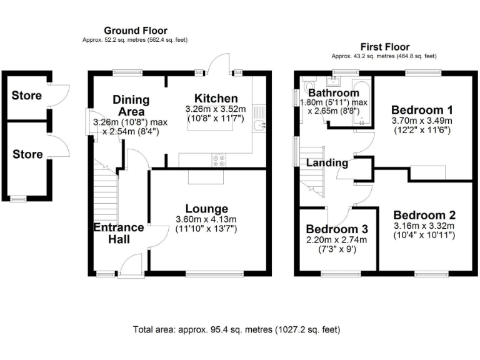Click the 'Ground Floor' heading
(x=135, y=31)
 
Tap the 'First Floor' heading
(x=384, y=47)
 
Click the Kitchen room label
(x=216, y=98)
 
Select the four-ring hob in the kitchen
(x=219, y=159)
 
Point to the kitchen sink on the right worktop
(x=261, y=126)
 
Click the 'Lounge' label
(x=206, y=208)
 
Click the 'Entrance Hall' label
(x=119, y=233)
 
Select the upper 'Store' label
(x=27, y=96)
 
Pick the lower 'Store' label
(x=27, y=154)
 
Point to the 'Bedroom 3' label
(x=337, y=229)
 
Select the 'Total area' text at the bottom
(x=237, y=329)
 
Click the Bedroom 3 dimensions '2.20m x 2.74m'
(x=337, y=240)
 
